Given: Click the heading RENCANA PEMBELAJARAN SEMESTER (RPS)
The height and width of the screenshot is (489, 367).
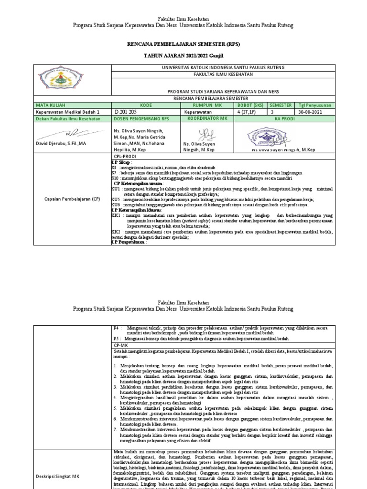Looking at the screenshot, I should [x=183, y=43].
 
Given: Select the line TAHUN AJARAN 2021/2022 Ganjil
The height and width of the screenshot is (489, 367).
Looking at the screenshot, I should [x=183, y=56].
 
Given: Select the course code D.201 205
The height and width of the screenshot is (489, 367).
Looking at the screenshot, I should [x=125, y=111].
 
